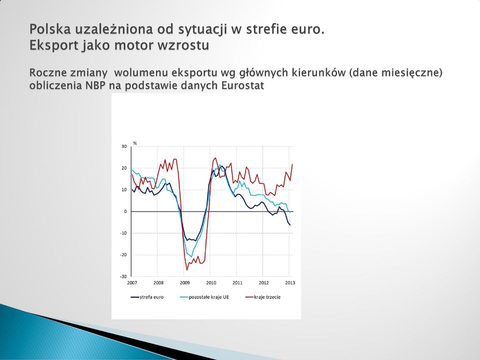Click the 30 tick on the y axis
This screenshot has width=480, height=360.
click(x=123, y=146)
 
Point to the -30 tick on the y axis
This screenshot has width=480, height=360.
click(x=123, y=276)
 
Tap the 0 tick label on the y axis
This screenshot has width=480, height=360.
click(x=125, y=211)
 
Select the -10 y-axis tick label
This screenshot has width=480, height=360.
click(x=123, y=233)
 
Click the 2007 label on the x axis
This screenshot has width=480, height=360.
click(x=132, y=283)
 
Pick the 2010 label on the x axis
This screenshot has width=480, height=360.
click(x=211, y=283)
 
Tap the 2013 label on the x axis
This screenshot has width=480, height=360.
click(x=290, y=283)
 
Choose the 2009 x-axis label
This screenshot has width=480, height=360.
click(x=184, y=283)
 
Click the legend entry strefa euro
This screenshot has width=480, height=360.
click(x=147, y=297)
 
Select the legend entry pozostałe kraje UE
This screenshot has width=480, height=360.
click(x=204, y=297)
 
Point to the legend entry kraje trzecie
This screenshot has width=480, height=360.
click(x=263, y=297)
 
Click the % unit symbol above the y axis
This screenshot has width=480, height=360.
click(x=135, y=143)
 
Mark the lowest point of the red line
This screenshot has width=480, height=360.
click(x=186, y=270)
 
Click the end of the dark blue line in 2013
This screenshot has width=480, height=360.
click(x=290, y=225)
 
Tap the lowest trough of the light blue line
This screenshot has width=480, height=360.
click(x=191, y=257)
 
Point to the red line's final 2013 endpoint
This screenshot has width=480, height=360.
click(x=292, y=164)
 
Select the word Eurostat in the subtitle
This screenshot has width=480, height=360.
click(x=242, y=85)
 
